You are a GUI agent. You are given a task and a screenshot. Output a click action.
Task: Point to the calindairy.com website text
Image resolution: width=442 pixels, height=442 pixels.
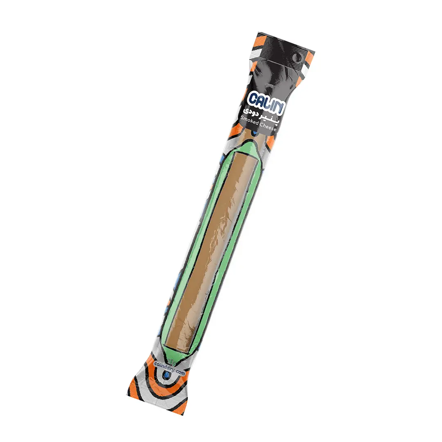(x=170, y=368)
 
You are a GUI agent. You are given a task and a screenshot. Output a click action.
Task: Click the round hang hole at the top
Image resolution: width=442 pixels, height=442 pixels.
(x=296, y=59)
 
